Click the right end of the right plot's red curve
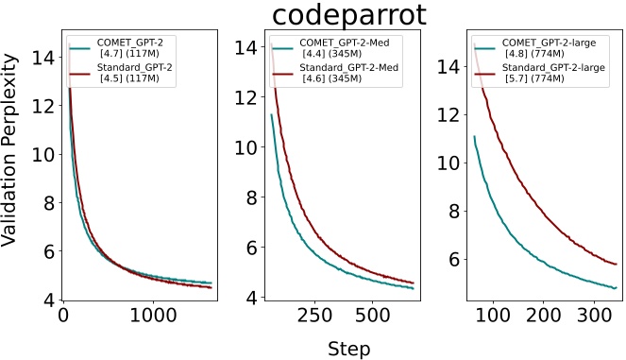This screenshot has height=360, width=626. click(x=617, y=264)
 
